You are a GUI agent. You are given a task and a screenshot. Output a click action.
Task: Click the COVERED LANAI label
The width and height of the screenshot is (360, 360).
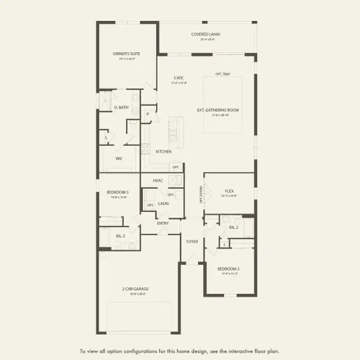206,34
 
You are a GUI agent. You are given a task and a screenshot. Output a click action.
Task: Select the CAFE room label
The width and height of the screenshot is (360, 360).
178,77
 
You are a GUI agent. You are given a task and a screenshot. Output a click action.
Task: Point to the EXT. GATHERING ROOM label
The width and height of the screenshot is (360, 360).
218,110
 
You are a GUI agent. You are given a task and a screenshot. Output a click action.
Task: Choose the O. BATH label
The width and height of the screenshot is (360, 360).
121,107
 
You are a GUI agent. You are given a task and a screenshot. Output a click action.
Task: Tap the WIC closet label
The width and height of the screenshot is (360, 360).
120,159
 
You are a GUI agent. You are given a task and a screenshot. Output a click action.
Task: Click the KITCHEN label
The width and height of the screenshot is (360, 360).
164,151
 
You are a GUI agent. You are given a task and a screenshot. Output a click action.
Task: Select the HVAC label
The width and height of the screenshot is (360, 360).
158,180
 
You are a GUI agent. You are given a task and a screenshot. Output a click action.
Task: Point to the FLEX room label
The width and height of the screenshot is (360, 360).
229,190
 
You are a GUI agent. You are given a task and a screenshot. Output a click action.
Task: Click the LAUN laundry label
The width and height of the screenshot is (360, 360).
163,203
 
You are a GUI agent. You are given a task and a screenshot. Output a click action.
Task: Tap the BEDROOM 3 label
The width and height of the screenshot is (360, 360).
118,192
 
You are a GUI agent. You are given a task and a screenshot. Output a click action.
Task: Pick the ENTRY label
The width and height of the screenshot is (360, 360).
163,223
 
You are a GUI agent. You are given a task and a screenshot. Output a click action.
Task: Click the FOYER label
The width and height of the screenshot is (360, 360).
192,242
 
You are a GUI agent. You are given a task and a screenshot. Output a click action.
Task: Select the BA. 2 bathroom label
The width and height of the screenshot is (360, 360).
234,227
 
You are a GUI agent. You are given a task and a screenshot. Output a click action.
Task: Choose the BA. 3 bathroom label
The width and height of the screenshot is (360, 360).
120,236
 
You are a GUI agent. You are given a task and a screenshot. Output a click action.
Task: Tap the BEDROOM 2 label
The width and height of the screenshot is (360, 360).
230,269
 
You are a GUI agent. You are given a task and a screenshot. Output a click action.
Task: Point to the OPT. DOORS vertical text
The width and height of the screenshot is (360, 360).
201,194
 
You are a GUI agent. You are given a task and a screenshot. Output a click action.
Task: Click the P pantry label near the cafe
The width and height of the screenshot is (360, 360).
148,114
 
